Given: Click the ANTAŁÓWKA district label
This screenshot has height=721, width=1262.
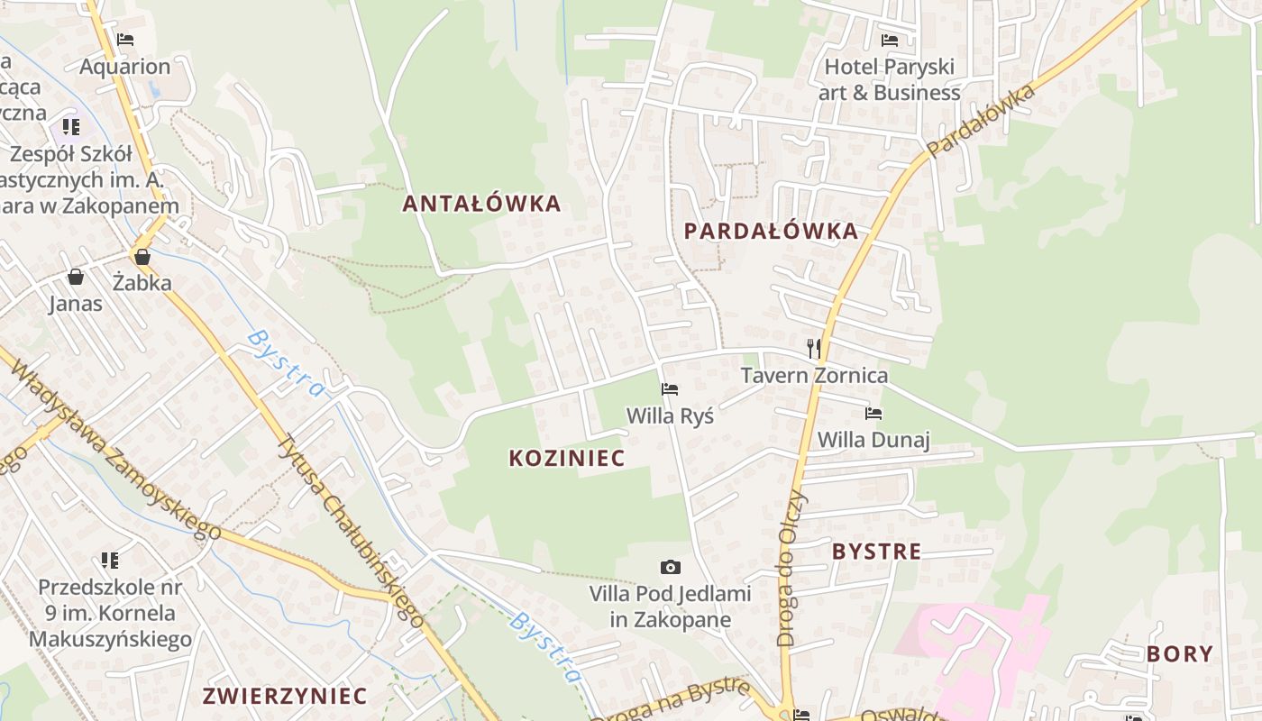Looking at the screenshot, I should coord(481,204).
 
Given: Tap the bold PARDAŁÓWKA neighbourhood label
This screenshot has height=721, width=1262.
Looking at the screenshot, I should coord(771,232).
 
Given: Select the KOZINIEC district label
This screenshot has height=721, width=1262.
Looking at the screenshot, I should coord(567,458).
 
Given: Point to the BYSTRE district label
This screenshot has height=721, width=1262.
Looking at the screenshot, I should coord(876,552).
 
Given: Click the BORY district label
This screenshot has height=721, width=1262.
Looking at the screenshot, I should coord(1180,654).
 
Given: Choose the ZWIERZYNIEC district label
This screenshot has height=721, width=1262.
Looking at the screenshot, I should coord(285,696).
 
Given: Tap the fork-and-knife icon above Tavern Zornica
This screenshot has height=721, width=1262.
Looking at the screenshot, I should coord(814,349).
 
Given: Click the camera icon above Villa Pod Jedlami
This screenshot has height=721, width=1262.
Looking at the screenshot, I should coord(670,567).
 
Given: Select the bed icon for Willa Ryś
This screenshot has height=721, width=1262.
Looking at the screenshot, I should coord(670,389).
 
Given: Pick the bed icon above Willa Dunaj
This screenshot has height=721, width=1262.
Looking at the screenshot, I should coord(873,414).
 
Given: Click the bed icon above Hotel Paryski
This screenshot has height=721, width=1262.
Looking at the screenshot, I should coord(890,41).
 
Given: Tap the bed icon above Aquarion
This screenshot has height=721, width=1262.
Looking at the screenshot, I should coord(125,40).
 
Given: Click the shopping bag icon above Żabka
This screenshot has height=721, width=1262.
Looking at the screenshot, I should coord(142,257).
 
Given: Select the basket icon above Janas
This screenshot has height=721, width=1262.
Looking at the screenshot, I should coord(76,277).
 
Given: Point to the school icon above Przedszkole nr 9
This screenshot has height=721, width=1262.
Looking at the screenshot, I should coord(110,561).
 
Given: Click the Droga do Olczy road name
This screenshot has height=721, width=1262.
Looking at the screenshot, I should coord(792,570).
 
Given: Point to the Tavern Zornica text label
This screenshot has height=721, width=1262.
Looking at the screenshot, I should coord(814,375).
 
